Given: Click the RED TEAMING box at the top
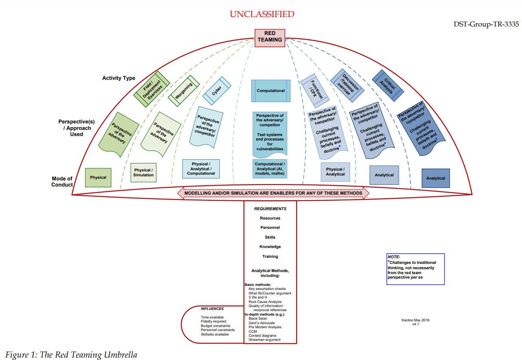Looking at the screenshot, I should click(270, 36).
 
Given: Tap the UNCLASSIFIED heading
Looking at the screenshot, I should click(262, 14).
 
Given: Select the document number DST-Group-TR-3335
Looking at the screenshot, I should click(486, 24).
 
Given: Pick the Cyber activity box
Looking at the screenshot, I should click(217, 91).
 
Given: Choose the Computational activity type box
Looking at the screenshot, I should click(271, 91).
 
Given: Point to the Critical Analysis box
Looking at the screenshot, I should click(388, 85).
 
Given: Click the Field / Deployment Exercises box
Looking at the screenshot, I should click(152, 89).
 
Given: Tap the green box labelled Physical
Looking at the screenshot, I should click(98, 178).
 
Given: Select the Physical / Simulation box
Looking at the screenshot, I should click(143, 172).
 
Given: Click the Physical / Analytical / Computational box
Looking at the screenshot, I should click(201, 169).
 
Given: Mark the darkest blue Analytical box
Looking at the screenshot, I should click(436, 178).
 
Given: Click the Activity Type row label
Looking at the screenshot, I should click(119, 78).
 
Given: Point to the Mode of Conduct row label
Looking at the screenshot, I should click(62, 182).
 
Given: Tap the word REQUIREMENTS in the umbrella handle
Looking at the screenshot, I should click(270, 209).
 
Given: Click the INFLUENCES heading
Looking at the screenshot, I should click(212, 309).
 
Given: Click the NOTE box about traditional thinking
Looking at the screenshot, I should click(415, 269).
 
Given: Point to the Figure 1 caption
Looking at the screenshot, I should click(71, 355).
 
